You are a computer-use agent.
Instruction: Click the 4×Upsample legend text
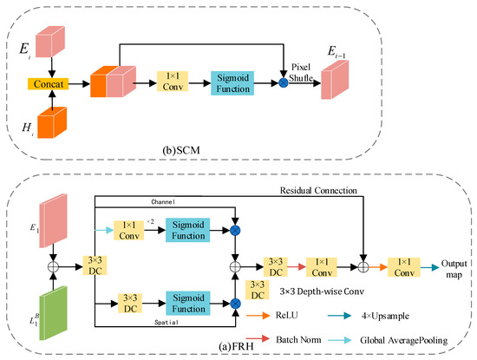point(406,305)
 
